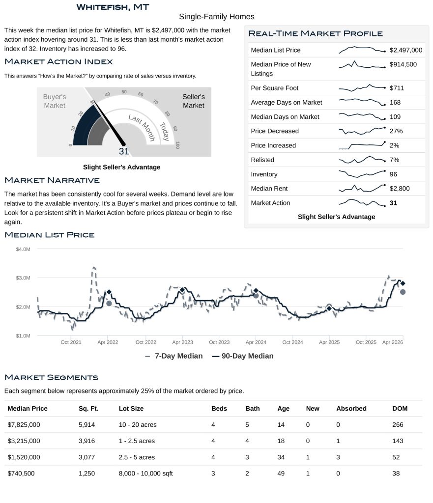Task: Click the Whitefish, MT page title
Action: pyautogui.click(x=113, y=7)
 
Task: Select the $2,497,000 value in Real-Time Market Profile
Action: pyautogui.click(x=405, y=50)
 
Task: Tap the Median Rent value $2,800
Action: pyautogui.click(x=400, y=189)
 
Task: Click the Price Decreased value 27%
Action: pyautogui.click(x=396, y=131)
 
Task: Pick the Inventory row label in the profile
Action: pyautogui.click(x=264, y=174)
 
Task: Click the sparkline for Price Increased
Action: pyautogui.click(x=362, y=145)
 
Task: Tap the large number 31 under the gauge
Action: pyautogui.click(x=124, y=152)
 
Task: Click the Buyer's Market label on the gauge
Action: pyautogui.click(x=55, y=101)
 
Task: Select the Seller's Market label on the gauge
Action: pyautogui.click(x=193, y=101)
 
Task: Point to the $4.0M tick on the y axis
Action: pyautogui.click(x=23, y=250)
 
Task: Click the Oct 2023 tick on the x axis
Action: pyautogui.click(x=219, y=342)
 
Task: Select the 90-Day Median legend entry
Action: pyautogui.click(x=243, y=356)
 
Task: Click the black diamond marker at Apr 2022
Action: pyautogui.click(x=109, y=292)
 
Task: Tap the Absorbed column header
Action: pyautogui.click(x=351, y=409)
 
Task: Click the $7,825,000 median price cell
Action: pyautogui.click(x=24, y=424)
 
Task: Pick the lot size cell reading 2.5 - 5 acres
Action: pyautogui.click(x=137, y=457)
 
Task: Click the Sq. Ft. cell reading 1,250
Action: pyautogui.click(x=87, y=474)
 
